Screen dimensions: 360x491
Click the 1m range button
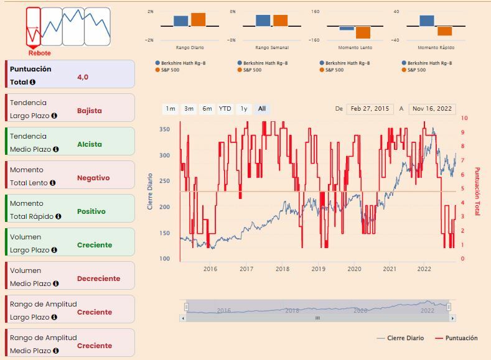click(x=170, y=109)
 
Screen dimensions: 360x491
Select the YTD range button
click(x=225, y=109)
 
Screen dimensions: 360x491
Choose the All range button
click(x=262, y=109)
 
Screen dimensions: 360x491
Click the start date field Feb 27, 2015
click(x=370, y=109)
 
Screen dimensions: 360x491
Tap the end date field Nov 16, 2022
click(x=432, y=109)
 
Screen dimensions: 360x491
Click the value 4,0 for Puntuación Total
click(x=83, y=77)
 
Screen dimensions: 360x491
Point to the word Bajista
click(x=89, y=111)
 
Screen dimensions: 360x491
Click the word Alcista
click(x=89, y=144)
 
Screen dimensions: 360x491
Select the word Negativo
click(x=93, y=178)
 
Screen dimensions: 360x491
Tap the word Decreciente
click(x=98, y=279)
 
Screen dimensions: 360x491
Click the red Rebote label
click(x=39, y=53)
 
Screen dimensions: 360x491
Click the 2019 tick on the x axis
click(x=319, y=269)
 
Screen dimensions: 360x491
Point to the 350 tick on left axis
click(x=164, y=129)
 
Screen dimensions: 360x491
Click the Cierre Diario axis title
click(x=150, y=191)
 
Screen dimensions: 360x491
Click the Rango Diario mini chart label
click(x=190, y=48)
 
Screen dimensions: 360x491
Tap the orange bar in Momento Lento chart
click(x=363, y=32)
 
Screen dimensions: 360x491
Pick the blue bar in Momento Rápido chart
click(x=427, y=21)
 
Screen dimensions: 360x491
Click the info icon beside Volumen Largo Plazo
click(x=55, y=250)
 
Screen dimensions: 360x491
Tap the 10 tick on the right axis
click(x=464, y=118)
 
